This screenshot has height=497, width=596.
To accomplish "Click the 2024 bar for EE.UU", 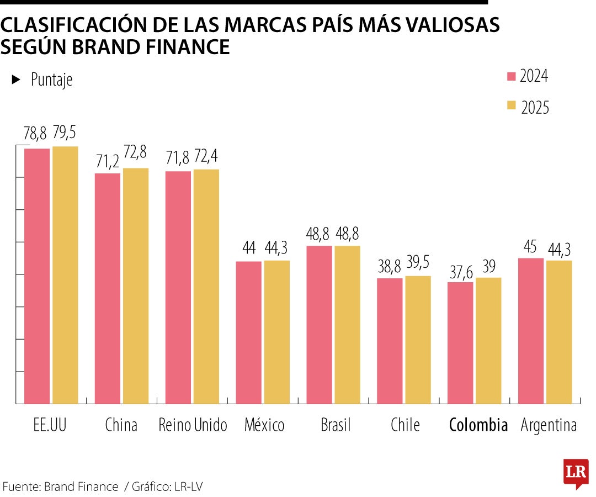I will point(37,276).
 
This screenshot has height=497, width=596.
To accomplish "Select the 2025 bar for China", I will point(136,285).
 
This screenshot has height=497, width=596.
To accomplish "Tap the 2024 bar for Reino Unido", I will point(178,287).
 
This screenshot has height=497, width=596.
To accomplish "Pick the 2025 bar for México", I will point(276,332).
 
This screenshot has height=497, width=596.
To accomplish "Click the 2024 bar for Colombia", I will point(460,343).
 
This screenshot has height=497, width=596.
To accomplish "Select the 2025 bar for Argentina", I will point(559,332).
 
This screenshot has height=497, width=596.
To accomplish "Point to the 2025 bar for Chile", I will point(418,340).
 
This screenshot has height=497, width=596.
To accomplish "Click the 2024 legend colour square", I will point(511,76).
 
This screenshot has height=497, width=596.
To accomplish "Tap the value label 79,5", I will point(65,133).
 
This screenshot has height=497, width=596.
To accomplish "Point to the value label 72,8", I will point(135,155).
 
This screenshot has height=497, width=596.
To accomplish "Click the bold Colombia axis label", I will point(478,425).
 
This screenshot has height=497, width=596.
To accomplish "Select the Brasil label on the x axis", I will point(336,425).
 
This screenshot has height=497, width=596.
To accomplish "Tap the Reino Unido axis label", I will point(193,425).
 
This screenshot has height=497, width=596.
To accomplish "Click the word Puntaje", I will point(51,80).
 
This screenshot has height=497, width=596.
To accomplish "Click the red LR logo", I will point(575,473).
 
